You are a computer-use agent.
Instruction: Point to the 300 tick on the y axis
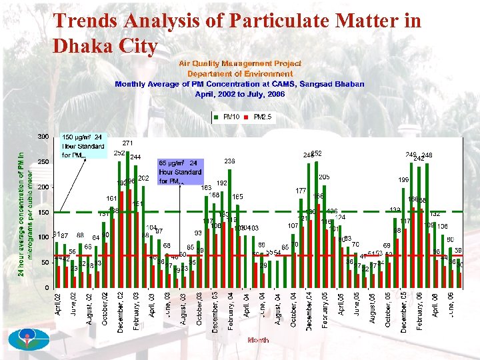point(43,137)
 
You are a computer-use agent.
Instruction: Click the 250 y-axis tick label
point(43,162)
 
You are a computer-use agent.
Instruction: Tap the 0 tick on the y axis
point(45,287)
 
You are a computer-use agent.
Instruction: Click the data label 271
point(128,143)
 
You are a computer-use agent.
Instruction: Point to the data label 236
point(229,161)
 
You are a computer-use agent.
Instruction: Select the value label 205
point(324,177)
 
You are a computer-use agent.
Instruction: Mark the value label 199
point(403,180)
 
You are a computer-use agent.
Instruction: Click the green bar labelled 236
point(229,227)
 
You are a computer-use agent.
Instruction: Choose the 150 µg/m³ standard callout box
point(83,146)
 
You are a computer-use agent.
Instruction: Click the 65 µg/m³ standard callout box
point(179,171)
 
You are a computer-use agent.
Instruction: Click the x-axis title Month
point(258,340)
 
